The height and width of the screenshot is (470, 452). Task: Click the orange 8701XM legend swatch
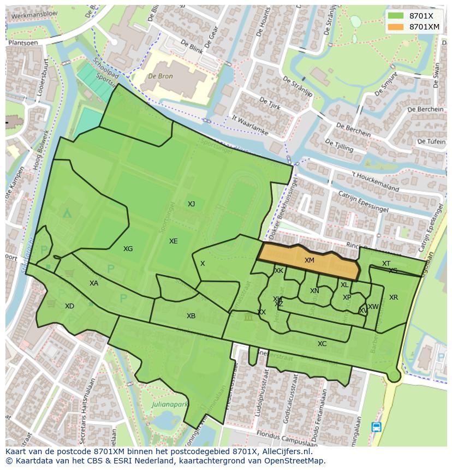pos(396,27)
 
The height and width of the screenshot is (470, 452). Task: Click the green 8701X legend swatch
pos(396,16)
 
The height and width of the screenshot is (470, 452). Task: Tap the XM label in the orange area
pos(310,260)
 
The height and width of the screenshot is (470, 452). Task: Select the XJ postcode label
pos(191,204)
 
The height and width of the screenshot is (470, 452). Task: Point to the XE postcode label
pos(173,241)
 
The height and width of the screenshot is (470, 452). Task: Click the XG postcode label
pos(128,249)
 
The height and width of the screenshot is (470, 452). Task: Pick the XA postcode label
pos(94,283)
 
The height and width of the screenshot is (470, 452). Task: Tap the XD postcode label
pos(69,306)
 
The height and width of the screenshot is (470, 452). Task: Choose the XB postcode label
pos(191,316)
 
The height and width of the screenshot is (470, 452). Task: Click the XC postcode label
pos(322,344)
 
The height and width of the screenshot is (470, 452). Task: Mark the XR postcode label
pos(394,298)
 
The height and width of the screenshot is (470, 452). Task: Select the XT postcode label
pos(386,264)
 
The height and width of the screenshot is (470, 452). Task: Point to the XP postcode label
pos(347,298)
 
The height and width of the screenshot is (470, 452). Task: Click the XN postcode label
pos(314,291)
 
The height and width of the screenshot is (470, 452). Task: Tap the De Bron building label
pos(161,76)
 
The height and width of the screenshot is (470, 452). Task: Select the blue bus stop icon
pos(376,427)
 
